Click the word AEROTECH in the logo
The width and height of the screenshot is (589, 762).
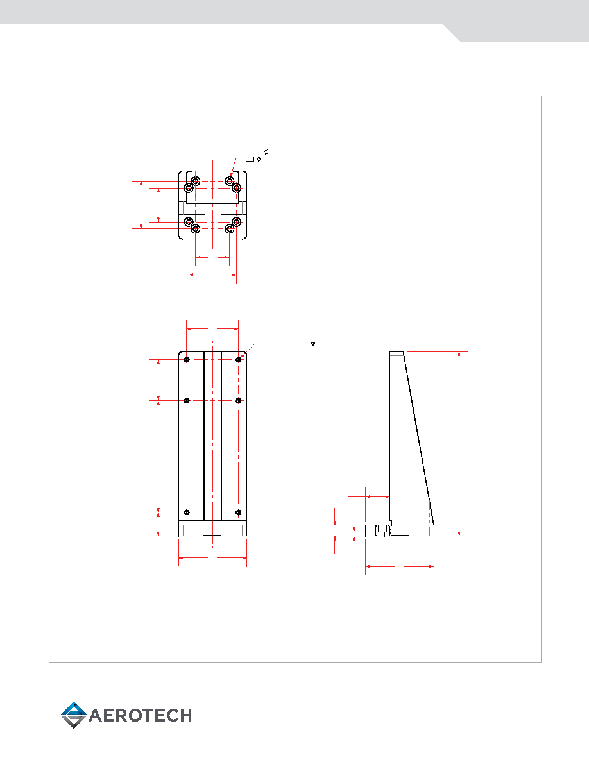[141, 715]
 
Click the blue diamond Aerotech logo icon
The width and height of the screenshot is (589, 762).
[73, 715]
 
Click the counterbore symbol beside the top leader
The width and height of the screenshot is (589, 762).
[250, 158]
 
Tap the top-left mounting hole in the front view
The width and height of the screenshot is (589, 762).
[187, 360]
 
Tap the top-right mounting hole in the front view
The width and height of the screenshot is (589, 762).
[238, 360]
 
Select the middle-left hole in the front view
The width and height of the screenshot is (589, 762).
[187, 400]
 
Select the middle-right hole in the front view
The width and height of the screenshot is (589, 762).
[238, 400]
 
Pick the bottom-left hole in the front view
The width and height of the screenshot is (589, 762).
[187, 512]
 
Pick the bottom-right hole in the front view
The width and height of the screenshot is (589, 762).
[238, 512]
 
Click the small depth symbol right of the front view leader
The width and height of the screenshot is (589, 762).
[313, 344]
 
